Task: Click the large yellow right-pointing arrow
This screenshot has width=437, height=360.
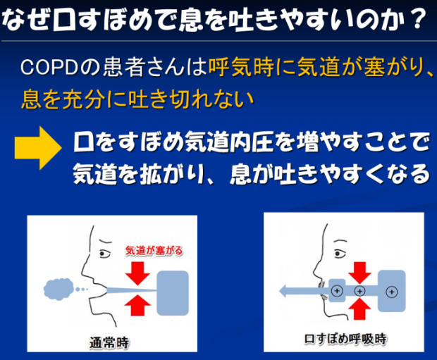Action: coord(38,148)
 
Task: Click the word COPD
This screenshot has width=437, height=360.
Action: coord(49,68)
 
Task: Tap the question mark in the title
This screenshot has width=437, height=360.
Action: coord(417,19)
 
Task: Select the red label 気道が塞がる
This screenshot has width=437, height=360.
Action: coord(154,251)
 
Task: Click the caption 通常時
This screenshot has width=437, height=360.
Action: coord(109,342)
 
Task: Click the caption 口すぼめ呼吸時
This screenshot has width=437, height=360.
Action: coord(345,339)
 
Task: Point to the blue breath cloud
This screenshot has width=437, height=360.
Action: coord(59,290)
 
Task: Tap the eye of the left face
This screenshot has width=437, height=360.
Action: coord(104,254)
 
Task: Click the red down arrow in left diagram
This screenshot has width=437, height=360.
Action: coord(138,273)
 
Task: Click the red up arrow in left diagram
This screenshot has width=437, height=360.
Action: coord(137,305)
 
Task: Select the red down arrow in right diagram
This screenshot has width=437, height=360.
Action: coord(359,273)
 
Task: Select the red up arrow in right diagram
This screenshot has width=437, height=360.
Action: coord(359,309)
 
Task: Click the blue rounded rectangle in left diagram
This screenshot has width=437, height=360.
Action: coord(173,293)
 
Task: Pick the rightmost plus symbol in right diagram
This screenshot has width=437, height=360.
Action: coord(392,292)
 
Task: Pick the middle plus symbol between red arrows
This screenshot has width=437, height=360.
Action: coord(359,291)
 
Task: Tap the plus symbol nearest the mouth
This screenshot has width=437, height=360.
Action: coord(337,291)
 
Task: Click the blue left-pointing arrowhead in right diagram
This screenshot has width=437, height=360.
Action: coord(285,291)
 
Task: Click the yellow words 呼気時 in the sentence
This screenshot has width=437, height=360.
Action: coord(241,68)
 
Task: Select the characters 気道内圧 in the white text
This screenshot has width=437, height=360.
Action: coord(229,142)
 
